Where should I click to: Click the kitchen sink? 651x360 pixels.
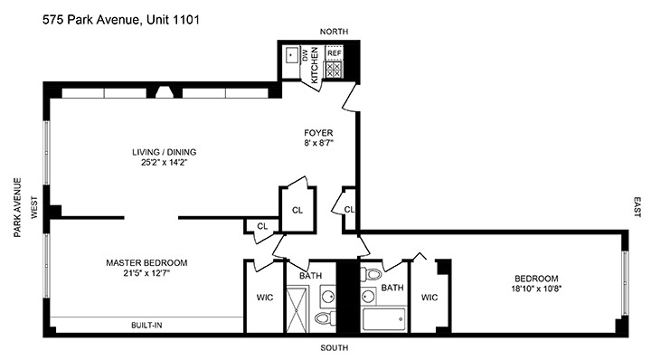pos(291,55)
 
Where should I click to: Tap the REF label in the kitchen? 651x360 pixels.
pos(333,53)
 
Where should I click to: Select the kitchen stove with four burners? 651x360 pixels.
pos(333,69)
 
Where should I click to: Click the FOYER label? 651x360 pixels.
pos(318,132)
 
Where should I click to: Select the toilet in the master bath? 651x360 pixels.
pos(323,317)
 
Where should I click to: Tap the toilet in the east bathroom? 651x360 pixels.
pos(374,274)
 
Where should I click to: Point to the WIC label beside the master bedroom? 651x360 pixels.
pos(264,296)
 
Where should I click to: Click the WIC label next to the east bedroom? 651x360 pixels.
pos(429,296)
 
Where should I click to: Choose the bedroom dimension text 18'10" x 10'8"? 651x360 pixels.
pos(536,289)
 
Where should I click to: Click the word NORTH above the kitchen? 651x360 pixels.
pos(320,32)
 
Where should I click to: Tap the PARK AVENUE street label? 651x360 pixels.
pos(16,207)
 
